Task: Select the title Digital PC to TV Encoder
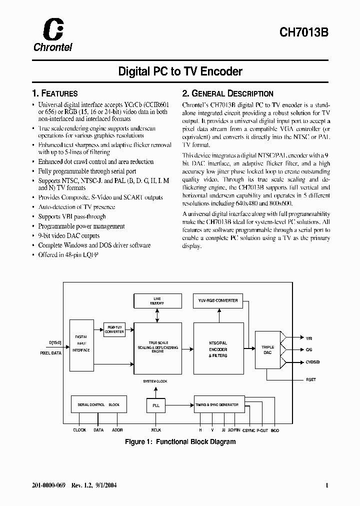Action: click(180, 71)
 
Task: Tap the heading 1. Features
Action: click(54, 93)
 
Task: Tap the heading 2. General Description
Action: click(227, 93)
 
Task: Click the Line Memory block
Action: click(157, 301)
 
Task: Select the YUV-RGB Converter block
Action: click(218, 300)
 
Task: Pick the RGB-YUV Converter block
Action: click(114, 329)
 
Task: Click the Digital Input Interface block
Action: click(81, 343)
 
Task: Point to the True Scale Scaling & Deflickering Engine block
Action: click(157, 346)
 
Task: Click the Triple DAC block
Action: click(268, 349)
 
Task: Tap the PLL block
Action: click(156, 405)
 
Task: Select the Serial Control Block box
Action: click(98, 404)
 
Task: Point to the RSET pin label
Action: click(310, 380)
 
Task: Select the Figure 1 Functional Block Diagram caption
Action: click(180, 442)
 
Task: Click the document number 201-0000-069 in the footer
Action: click(47, 485)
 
